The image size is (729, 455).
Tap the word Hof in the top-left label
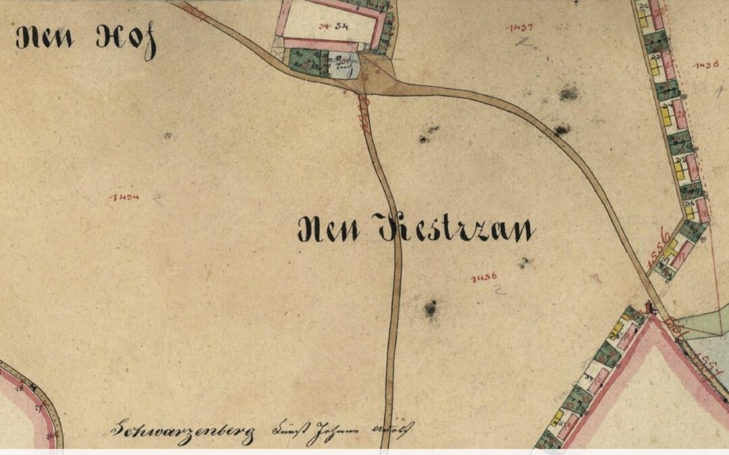click(126, 40)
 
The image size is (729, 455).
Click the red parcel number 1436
click(485, 277)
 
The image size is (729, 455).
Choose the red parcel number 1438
click(707, 65)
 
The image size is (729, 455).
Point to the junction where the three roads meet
click(369, 84)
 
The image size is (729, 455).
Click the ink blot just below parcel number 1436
click(430, 309)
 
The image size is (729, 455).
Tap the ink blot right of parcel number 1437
click(568, 92)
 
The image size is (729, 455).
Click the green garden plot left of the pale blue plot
click(305, 62)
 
